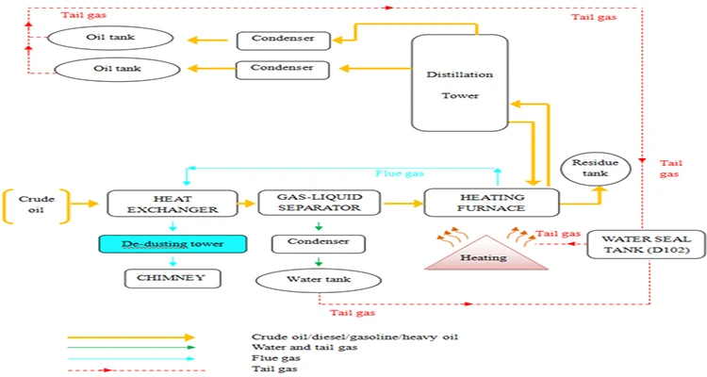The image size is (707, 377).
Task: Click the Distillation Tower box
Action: [x=452, y=83]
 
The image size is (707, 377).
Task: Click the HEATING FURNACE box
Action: [x=491, y=202]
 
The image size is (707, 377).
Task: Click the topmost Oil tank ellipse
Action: [x=111, y=39]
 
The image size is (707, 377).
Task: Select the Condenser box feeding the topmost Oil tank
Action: [x=282, y=40]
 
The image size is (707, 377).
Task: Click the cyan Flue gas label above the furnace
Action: [x=400, y=173]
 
